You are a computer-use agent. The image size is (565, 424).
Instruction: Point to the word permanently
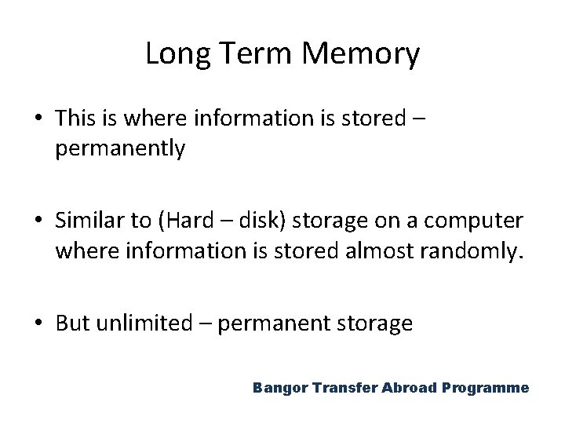(x=120, y=148)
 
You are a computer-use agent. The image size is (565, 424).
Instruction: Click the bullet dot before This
(x=38, y=119)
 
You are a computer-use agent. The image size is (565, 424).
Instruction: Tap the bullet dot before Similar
(x=38, y=221)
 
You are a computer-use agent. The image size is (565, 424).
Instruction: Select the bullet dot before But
(x=38, y=323)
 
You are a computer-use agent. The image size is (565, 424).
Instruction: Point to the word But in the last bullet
(x=73, y=323)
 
